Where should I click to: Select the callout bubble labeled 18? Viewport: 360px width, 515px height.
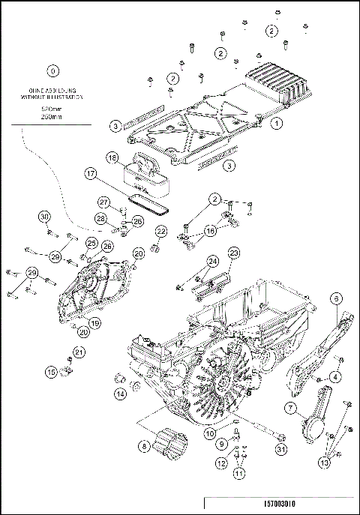pyautogui.click(x=111, y=159)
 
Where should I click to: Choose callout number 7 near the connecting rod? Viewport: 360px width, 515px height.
pyautogui.click(x=288, y=408)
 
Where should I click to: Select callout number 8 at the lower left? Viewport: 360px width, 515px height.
pyautogui.click(x=143, y=445)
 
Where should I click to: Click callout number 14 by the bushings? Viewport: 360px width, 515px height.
pyautogui.click(x=119, y=394)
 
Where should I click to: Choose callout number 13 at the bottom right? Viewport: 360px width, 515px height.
pyautogui.click(x=323, y=463)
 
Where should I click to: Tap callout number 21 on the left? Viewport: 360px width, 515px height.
pyautogui.click(x=79, y=352)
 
